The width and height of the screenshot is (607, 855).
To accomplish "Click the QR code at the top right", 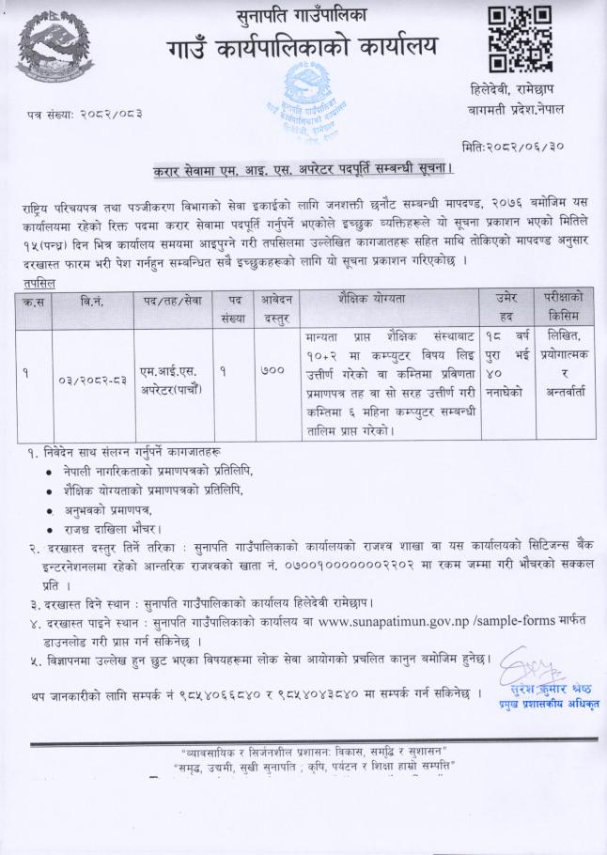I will [520, 39].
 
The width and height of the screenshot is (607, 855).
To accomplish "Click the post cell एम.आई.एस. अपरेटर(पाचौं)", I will [173, 380].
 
